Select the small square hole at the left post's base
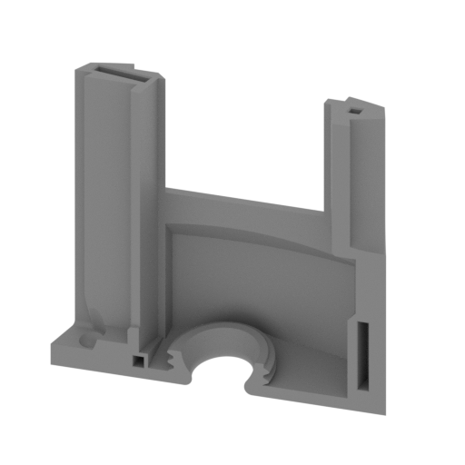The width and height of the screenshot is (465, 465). pyautogui.click(x=136, y=360)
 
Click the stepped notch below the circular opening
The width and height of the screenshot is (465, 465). pyautogui.click(x=243, y=388)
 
